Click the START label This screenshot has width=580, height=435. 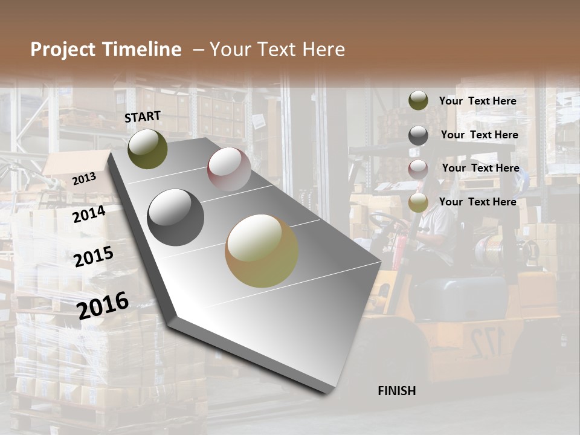tap(143, 117)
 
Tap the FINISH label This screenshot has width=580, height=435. tap(397, 391)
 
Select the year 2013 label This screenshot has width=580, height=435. tap(84, 179)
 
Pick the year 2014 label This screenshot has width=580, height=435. tap(89, 214)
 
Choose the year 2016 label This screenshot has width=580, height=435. tap(103, 305)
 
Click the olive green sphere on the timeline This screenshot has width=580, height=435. tap(148, 149)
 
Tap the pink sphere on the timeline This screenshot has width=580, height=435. tap(229, 169)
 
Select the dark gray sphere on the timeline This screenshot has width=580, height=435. tap(175, 217)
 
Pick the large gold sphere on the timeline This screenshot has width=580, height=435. tap(262, 251)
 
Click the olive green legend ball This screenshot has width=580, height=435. tap(418, 101)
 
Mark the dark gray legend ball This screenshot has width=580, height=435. tap(418, 135)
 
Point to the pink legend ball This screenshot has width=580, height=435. tap(418, 169)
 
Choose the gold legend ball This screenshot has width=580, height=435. tap(418, 202)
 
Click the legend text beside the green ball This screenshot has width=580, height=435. tap(477, 101)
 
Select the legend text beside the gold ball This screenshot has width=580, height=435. tap(477, 202)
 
